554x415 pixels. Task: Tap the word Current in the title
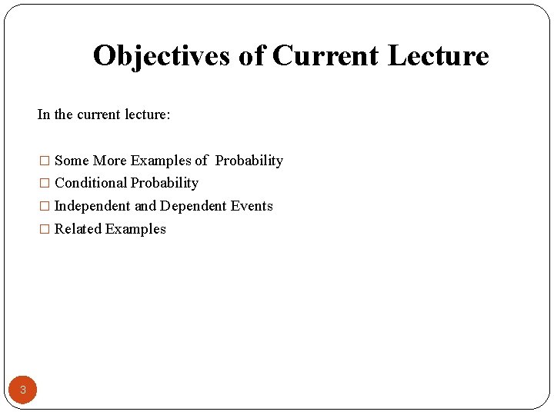tap(325, 55)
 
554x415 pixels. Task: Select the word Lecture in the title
tap(439, 55)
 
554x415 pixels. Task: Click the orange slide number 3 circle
tap(23, 390)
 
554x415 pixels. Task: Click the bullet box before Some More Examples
tap(45, 161)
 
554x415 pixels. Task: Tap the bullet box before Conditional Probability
tap(45, 184)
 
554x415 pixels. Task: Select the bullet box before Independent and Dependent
tap(45, 206)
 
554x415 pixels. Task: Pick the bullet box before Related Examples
tap(45, 229)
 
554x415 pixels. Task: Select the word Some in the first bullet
tap(72, 161)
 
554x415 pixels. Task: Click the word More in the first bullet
tap(109, 161)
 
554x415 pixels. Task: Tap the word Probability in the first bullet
tap(249, 161)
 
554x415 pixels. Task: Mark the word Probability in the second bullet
tap(165, 183)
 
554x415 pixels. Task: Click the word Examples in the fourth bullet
tap(135, 229)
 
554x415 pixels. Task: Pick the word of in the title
tap(252, 55)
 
